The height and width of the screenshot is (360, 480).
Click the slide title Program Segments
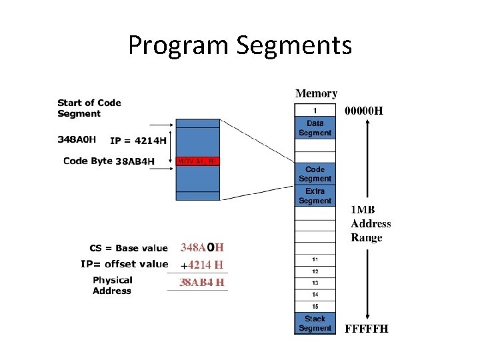pos(239,46)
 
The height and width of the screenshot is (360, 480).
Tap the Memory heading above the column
pos(316,94)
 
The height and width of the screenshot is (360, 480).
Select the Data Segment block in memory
pos(315,128)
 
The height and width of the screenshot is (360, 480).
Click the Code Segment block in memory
pos(315,174)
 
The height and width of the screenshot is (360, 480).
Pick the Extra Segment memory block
pos(315,196)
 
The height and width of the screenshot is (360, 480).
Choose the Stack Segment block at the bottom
pos(315,323)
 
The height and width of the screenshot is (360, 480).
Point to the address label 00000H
pos(363,111)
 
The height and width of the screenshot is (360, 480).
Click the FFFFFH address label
pos(366,328)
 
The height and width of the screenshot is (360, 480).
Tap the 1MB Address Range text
pos(371,223)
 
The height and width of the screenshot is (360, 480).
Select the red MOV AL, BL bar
pos(197,161)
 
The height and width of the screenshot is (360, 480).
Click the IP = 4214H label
pos(138,140)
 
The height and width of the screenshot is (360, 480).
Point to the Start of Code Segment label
pos(89,108)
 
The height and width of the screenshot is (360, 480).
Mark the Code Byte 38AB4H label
pos(109,161)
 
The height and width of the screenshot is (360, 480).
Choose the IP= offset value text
pos(124,264)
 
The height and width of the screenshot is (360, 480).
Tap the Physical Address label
pos(112,285)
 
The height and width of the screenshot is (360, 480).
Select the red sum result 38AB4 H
pos(202,283)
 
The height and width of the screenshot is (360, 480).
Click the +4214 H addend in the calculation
pos(202,264)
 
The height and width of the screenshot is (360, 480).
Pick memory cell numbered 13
pos(315,283)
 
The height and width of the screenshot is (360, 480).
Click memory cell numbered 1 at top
pos(315,110)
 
